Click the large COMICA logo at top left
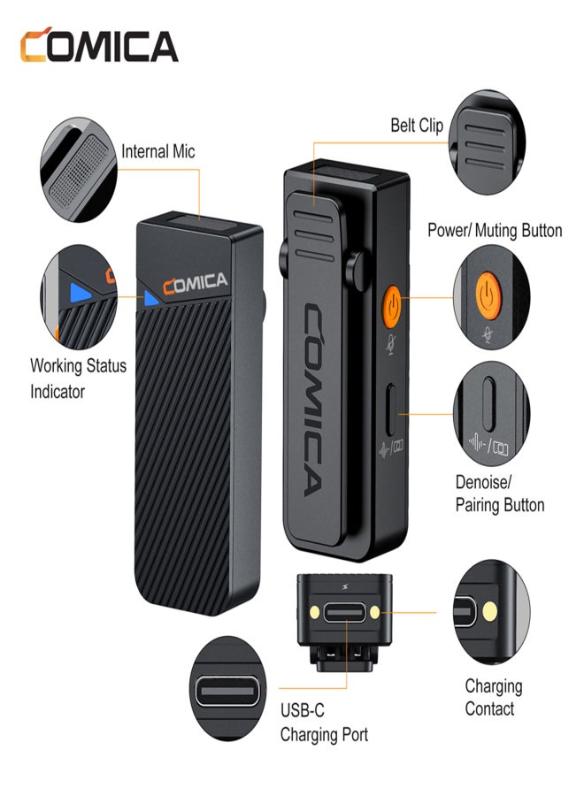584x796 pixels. (99, 45)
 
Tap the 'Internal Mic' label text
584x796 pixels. (158, 151)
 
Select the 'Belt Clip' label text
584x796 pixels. (417, 125)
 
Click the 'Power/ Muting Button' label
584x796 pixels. (495, 231)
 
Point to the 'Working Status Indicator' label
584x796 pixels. (78, 379)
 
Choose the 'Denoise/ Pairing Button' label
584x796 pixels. (500, 494)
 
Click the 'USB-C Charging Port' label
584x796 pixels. (324, 722)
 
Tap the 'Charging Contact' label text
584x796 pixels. (493, 697)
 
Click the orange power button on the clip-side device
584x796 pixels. (391, 307)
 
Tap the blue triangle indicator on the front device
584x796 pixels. (150, 299)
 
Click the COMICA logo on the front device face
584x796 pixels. (195, 283)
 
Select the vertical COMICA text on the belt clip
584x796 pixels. (313, 400)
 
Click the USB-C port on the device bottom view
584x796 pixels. (345, 612)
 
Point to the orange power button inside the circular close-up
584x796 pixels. (488, 296)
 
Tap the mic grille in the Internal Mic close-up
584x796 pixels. (80, 171)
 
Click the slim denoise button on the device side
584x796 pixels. (390, 410)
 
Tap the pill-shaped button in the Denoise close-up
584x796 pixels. (489, 403)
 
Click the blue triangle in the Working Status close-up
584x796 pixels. (80, 293)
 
